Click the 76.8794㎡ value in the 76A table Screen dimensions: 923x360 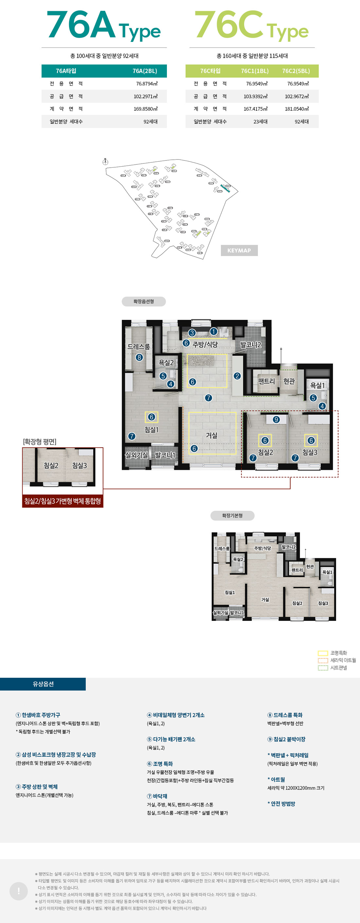(x=147, y=84)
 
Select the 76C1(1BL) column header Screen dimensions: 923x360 (x=254, y=71)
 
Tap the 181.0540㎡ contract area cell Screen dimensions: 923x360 (x=297, y=109)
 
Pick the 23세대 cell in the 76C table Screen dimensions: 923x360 (x=261, y=121)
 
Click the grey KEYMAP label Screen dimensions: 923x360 (x=239, y=250)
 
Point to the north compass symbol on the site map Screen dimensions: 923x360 (x=105, y=162)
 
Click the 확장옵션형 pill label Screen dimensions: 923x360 (x=144, y=301)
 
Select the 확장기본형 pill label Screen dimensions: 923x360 (x=232, y=515)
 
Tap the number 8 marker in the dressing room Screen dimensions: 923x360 (x=139, y=357)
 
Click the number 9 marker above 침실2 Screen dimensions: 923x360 (x=276, y=419)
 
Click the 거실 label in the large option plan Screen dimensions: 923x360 (x=211, y=435)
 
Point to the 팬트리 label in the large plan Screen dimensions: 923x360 (x=266, y=381)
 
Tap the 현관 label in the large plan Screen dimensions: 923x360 (x=289, y=381)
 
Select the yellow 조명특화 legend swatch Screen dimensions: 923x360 (x=323, y=653)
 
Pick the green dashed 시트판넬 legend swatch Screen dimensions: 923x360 (x=323, y=668)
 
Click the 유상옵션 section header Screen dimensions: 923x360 (x=43, y=684)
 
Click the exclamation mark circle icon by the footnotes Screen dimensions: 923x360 (x=19, y=891)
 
